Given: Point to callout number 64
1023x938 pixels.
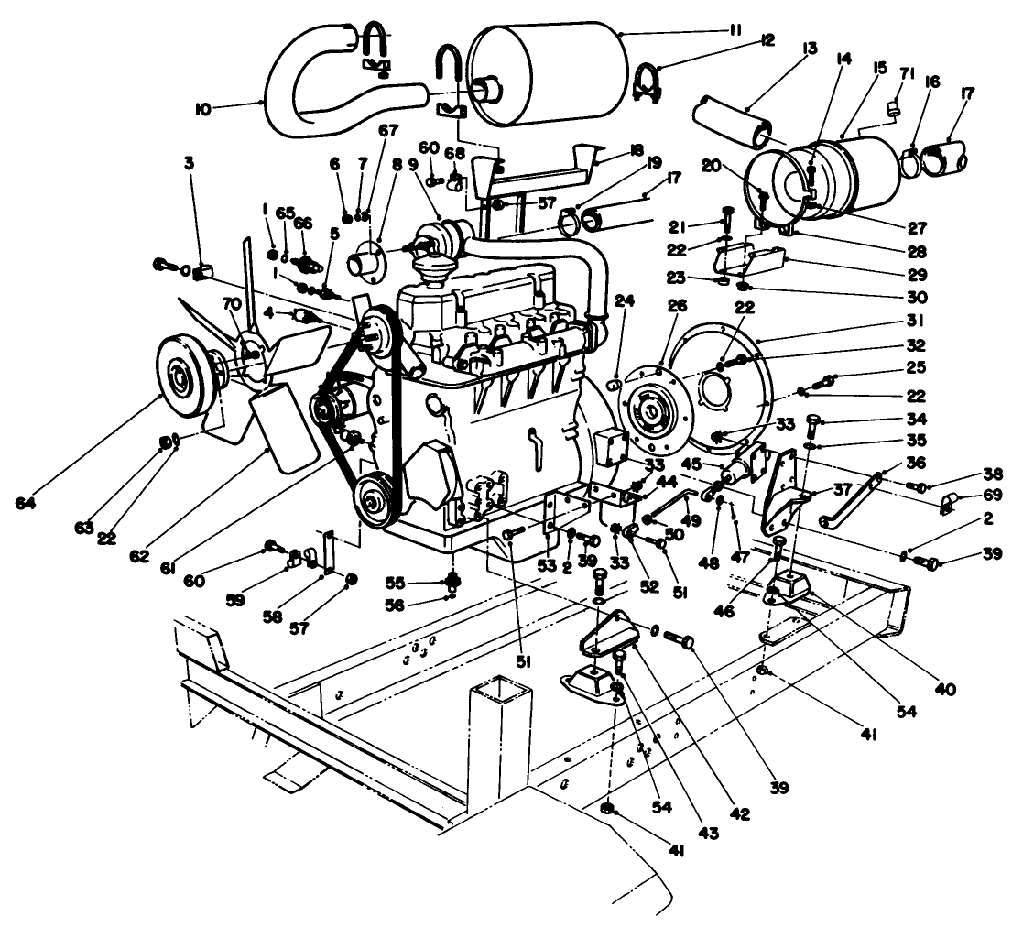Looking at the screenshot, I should click(27, 503).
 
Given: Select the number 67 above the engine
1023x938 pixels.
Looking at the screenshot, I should click(388, 133).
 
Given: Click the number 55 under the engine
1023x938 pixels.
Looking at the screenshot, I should click(420, 582).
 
